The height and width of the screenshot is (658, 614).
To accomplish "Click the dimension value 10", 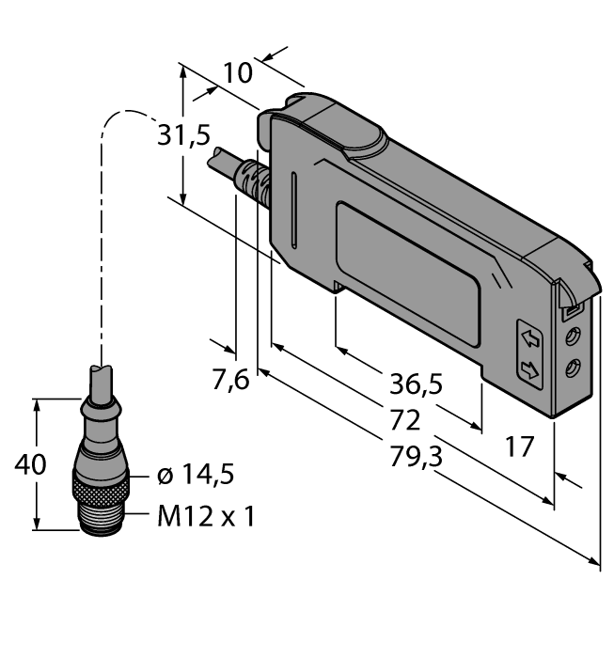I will click(x=239, y=73).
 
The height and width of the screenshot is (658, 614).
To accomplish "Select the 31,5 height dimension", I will click(x=183, y=136).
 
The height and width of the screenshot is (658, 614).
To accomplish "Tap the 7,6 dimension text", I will click(x=229, y=380).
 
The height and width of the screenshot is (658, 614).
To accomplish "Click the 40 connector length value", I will click(x=18, y=464).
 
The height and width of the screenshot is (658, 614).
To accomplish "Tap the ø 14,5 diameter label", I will click(x=196, y=476).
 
